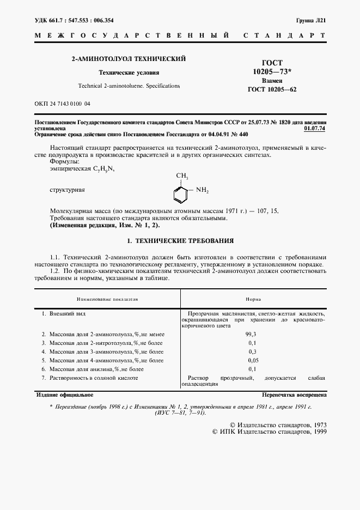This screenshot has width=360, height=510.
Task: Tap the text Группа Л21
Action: point(311,20)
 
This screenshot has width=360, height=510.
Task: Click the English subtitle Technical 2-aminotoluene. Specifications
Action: point(129,86)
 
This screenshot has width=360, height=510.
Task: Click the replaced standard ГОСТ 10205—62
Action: point(272,90)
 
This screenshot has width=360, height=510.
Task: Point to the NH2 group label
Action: point(202,190)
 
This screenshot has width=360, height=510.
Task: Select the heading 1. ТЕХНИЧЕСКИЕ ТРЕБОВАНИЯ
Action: point(180,240)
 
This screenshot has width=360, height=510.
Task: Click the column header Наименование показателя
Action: point(107,299)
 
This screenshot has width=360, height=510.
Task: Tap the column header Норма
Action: point(253,299)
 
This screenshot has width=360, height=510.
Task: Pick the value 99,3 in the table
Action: point(252,334)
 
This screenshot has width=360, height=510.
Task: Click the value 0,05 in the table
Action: point(252,360)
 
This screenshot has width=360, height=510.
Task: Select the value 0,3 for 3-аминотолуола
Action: point(252,351)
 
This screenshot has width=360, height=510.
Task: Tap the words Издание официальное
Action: point(64,394)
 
